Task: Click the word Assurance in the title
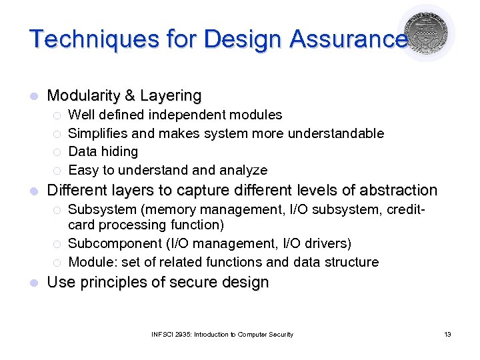point(348,39)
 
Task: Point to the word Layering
point(171,96)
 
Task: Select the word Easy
point(82,170)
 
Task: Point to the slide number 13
point(447,334)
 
